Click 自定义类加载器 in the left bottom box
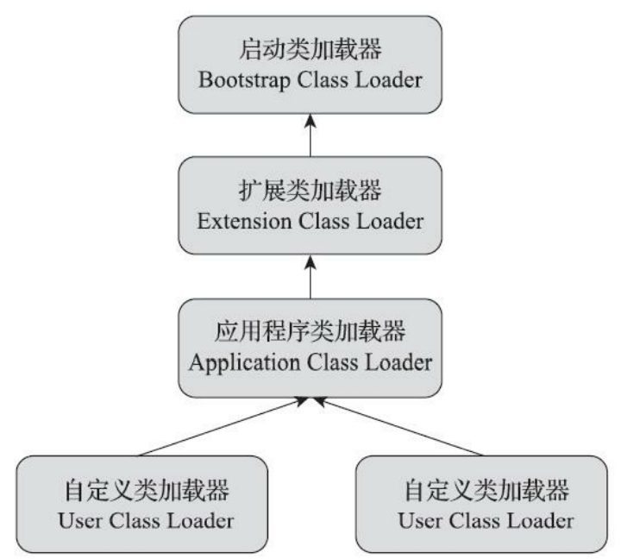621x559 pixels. pos(143,493)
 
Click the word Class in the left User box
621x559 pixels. pos(143,522)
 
